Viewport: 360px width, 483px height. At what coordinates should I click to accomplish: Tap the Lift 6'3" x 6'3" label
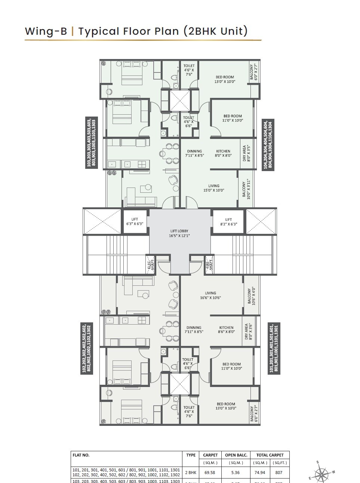click(135, 222)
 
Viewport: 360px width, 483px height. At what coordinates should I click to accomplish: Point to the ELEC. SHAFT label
click(150, 265)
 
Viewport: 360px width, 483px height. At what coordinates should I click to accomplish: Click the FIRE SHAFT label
click(209, 265)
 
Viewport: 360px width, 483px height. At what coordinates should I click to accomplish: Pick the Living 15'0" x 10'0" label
click(213, 188)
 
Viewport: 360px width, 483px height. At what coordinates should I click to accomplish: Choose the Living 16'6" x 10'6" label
click(210, 295)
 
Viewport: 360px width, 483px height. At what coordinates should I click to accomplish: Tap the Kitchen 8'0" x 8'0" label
click(223, 153)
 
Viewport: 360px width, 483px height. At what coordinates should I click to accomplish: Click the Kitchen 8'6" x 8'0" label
click(226, 329)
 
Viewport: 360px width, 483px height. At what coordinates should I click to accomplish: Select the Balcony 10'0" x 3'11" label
click(245, 189)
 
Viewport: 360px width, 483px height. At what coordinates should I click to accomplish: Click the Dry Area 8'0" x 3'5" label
click(246, 153)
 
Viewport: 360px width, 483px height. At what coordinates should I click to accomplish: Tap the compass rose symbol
click(321, 474)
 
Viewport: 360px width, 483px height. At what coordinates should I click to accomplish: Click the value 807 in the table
click(279, 472)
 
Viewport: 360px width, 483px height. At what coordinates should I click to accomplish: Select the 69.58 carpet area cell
click(210, 472)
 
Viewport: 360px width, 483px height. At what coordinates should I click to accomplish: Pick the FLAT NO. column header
click(80, 455)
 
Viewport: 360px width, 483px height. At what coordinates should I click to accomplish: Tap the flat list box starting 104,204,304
click(268, 145)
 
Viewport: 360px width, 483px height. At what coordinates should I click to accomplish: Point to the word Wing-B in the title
click(46, 31)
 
